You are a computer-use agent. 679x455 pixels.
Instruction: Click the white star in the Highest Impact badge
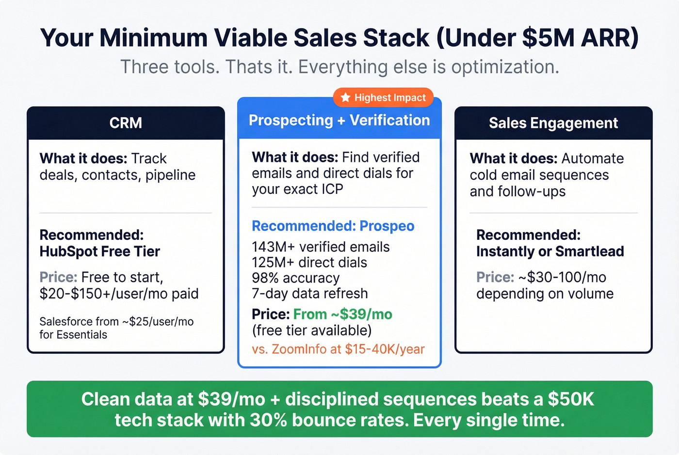[x=345, y=97]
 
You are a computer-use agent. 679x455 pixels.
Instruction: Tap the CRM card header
[x=126, y=123]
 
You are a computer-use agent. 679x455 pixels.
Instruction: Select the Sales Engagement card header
[x=553, y=123]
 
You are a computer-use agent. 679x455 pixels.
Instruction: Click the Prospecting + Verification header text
[x=339, y=120]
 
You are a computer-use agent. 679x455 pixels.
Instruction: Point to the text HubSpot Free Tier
[x=100, y=251]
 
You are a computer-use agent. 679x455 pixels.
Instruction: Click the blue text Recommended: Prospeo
[x=333, y=226]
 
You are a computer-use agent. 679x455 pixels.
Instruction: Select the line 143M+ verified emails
[x=321, y=247]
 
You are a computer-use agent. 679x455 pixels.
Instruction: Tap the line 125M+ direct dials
[x=309, y=262]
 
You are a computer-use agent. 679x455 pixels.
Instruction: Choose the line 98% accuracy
[x=295, y=278]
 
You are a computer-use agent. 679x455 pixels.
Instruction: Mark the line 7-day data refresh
[x=309, y=293]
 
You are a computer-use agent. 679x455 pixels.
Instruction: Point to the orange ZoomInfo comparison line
[x=338, y=349]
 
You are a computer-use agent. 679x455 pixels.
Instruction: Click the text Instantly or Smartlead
[x=550, y=251]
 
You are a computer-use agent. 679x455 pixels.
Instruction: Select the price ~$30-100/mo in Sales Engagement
[x=562, y=277]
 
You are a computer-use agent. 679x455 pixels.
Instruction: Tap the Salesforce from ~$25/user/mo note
[x=116, y=322]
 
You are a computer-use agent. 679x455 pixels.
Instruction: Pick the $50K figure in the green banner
[x=571, y=399]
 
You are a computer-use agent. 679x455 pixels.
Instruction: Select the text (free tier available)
[x=311, y=330]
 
